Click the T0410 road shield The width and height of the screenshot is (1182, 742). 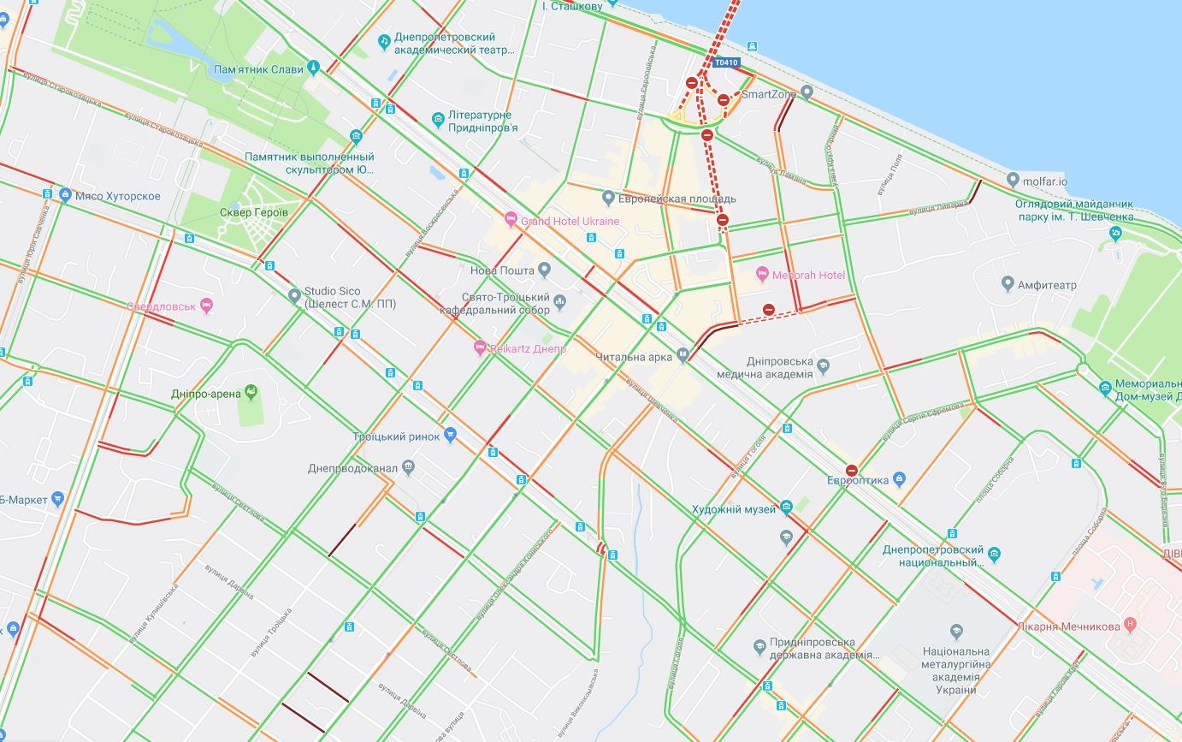pos(726,62)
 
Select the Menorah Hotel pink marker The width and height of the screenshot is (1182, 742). pos(763,275)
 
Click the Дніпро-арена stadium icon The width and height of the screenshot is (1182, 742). pos(251,392)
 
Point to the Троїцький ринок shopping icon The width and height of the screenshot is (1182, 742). pos(451,436)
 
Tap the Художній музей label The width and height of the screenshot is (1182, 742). pos(733,509)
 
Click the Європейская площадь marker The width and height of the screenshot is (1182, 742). pos(608,199)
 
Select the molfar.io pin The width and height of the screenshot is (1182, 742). pos(1013,181)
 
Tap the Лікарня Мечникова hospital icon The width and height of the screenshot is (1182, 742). pos(1131,626)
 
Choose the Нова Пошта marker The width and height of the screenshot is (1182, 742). pos(544,270)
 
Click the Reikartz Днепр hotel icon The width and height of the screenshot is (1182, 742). pos(480,348)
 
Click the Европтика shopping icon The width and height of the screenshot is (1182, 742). pos(898,479)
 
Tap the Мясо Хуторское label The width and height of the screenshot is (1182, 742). pos(117,196)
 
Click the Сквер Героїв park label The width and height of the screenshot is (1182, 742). pos(254,212)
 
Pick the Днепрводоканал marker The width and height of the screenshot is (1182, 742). pos(408,468)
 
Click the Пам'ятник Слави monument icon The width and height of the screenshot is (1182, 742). pos(314,67)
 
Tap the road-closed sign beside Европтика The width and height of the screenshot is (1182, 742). pos(851,470)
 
